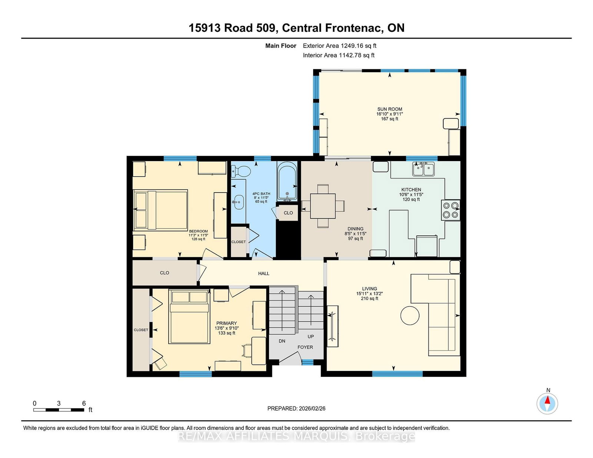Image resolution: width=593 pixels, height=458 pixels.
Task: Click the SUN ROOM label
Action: [x=390, y=109]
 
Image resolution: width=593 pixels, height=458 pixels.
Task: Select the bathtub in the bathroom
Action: [x=287, y=181]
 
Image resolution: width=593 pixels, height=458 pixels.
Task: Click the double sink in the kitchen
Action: [x=423, y=169]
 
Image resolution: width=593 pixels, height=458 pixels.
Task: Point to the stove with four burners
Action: [x=451, y=210]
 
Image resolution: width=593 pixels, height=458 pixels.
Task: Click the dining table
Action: [x=323, y=206]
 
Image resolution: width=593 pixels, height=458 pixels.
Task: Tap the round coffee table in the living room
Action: [x=410, y=315]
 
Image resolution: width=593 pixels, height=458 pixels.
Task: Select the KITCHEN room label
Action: [x=411, y=190]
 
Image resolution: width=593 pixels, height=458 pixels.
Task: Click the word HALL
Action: [x=264, y=273]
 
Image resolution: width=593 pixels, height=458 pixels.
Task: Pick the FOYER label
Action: [x=305, y=347]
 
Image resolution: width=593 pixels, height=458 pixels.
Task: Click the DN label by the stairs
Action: [x=282, y=341]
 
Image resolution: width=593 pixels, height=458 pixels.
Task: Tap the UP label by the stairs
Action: [x=311, y=337]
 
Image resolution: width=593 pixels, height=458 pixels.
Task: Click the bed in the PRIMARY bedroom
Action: [x=189, y=317]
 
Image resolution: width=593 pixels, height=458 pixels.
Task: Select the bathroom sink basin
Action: [x=239, y=202]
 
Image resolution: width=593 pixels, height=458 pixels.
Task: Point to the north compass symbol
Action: [x=547, y=404]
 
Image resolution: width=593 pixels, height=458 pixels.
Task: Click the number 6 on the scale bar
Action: [x=84, y=403]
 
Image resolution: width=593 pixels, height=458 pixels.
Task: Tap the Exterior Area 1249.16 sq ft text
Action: [x=339, y=46]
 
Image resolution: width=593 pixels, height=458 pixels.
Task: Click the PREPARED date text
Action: [x=296, y=408]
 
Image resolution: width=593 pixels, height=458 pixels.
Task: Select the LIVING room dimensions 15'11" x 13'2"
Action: [x=370, y=294]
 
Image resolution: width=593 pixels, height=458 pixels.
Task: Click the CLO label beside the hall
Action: [x=165, y=273]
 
